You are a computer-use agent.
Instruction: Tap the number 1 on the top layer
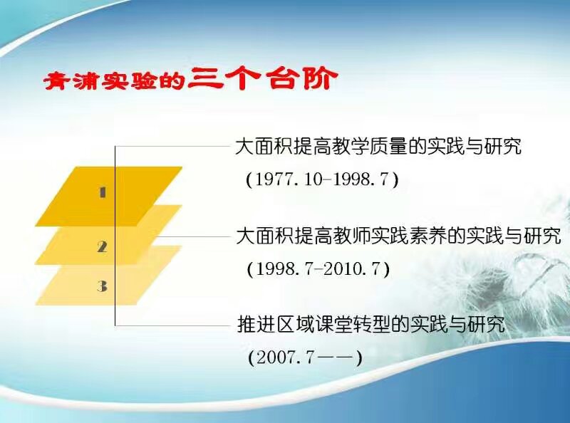103,192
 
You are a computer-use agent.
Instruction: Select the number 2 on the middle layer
103,246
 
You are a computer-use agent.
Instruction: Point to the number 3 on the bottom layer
102,286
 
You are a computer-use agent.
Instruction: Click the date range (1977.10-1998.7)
322,179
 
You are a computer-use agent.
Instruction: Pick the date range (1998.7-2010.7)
318,269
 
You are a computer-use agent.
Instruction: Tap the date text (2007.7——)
306,358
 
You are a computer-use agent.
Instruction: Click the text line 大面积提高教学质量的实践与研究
378,146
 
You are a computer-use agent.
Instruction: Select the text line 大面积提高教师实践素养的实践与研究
398,236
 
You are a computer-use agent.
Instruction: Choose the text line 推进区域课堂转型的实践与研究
371,324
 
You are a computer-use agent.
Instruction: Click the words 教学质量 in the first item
369,146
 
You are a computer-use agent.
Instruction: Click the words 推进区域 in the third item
275,324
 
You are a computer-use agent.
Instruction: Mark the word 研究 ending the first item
502,146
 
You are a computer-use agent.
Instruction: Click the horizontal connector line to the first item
173,147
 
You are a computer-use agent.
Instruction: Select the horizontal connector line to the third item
173,325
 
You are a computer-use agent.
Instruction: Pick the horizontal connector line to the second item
193,236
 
